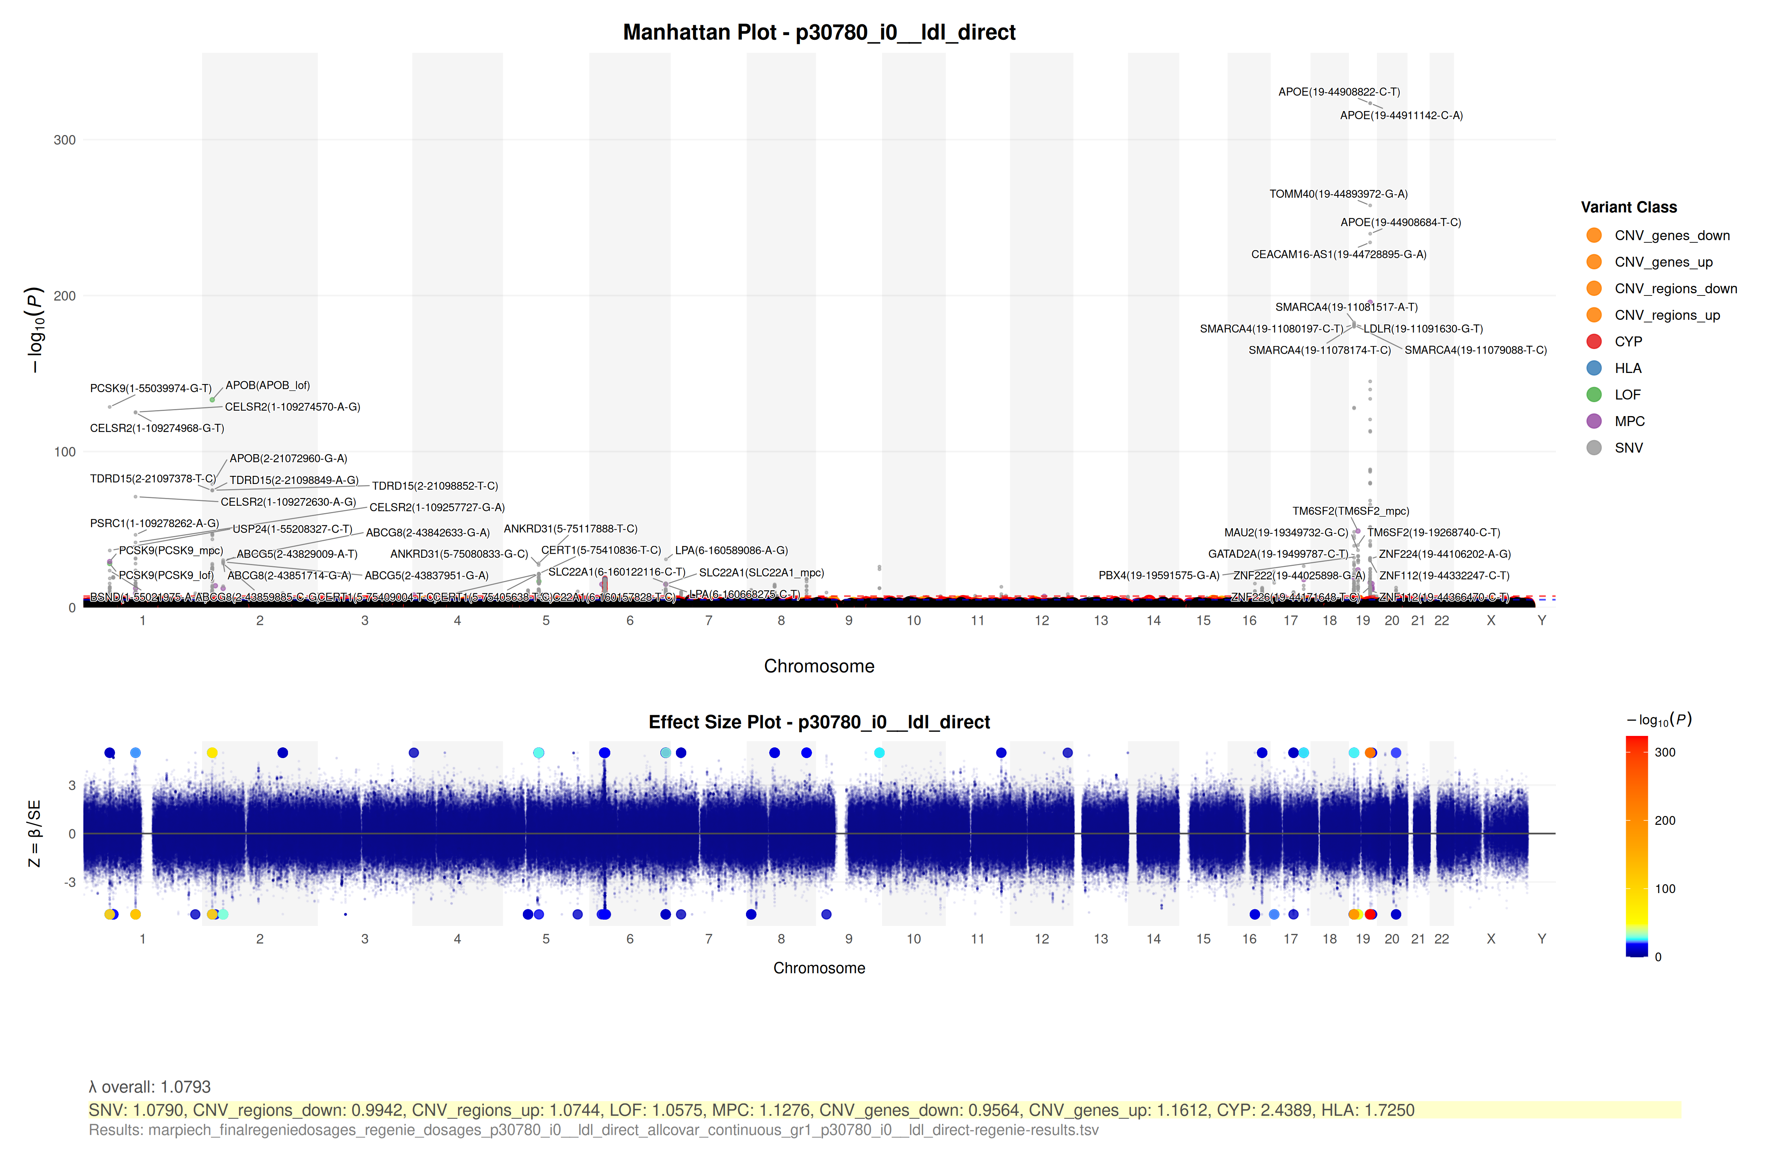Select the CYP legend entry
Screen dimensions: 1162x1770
pyautogui.click(x=1628, y=342)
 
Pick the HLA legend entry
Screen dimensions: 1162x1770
pyautogui.click(x=1628, y=368)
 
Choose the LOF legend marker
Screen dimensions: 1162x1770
pyautogui.click(x=1594, y=395)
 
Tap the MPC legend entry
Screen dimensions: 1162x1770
pyautogui.click(x=1630, y=421)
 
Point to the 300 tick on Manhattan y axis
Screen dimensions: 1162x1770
pyautogui.click(x=65, y=140)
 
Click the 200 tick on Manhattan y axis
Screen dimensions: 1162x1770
pyautogui.click(x=65, y=296)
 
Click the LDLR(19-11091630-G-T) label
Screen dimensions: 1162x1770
pyautogui.click(x=1423, y=329)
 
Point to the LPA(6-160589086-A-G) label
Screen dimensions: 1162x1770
pyautogui.click(x=731, y=550)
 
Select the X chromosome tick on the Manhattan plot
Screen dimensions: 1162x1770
pyautogui.click(x=1490, y=620)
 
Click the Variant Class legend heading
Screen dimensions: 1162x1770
pyautogui.click(x=1629, y=208)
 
